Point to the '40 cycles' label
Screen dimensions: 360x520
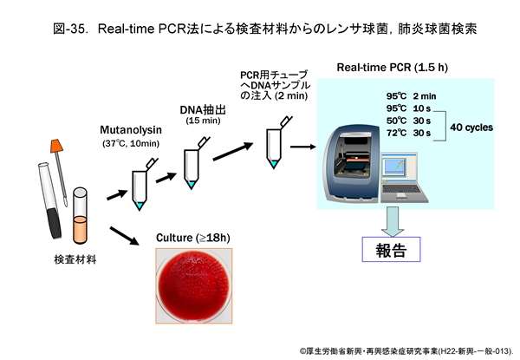471,127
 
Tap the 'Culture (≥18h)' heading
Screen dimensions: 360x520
192,237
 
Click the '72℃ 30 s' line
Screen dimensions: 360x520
409,134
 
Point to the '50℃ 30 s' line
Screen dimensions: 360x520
409,121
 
